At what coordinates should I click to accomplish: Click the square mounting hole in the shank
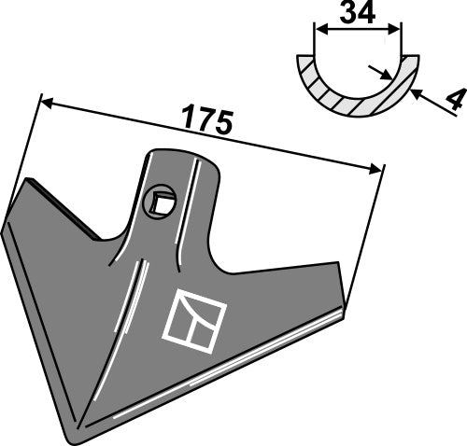point(162,201)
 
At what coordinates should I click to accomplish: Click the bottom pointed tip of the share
point(76,437)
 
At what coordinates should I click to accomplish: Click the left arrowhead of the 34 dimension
point(318,30)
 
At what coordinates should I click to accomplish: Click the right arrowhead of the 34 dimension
point(399,30)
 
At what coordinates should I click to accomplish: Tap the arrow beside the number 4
point(417,93)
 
